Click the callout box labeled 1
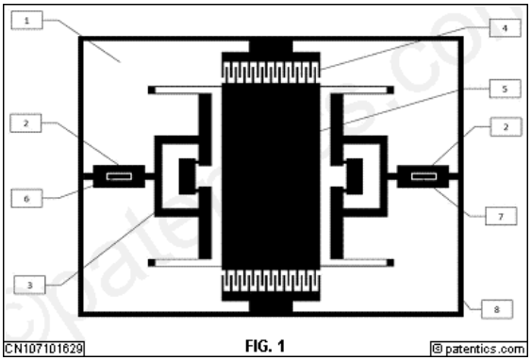(27, 21)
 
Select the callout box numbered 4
(505, 28)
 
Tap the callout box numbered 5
(505, 89)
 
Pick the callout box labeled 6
(26, 198)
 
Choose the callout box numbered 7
(501, 216)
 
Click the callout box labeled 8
(497, 309)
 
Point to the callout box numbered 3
(29, 285)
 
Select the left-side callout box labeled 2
(25, 123)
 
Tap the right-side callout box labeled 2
(506, 127)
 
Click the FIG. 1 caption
(265, 346)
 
